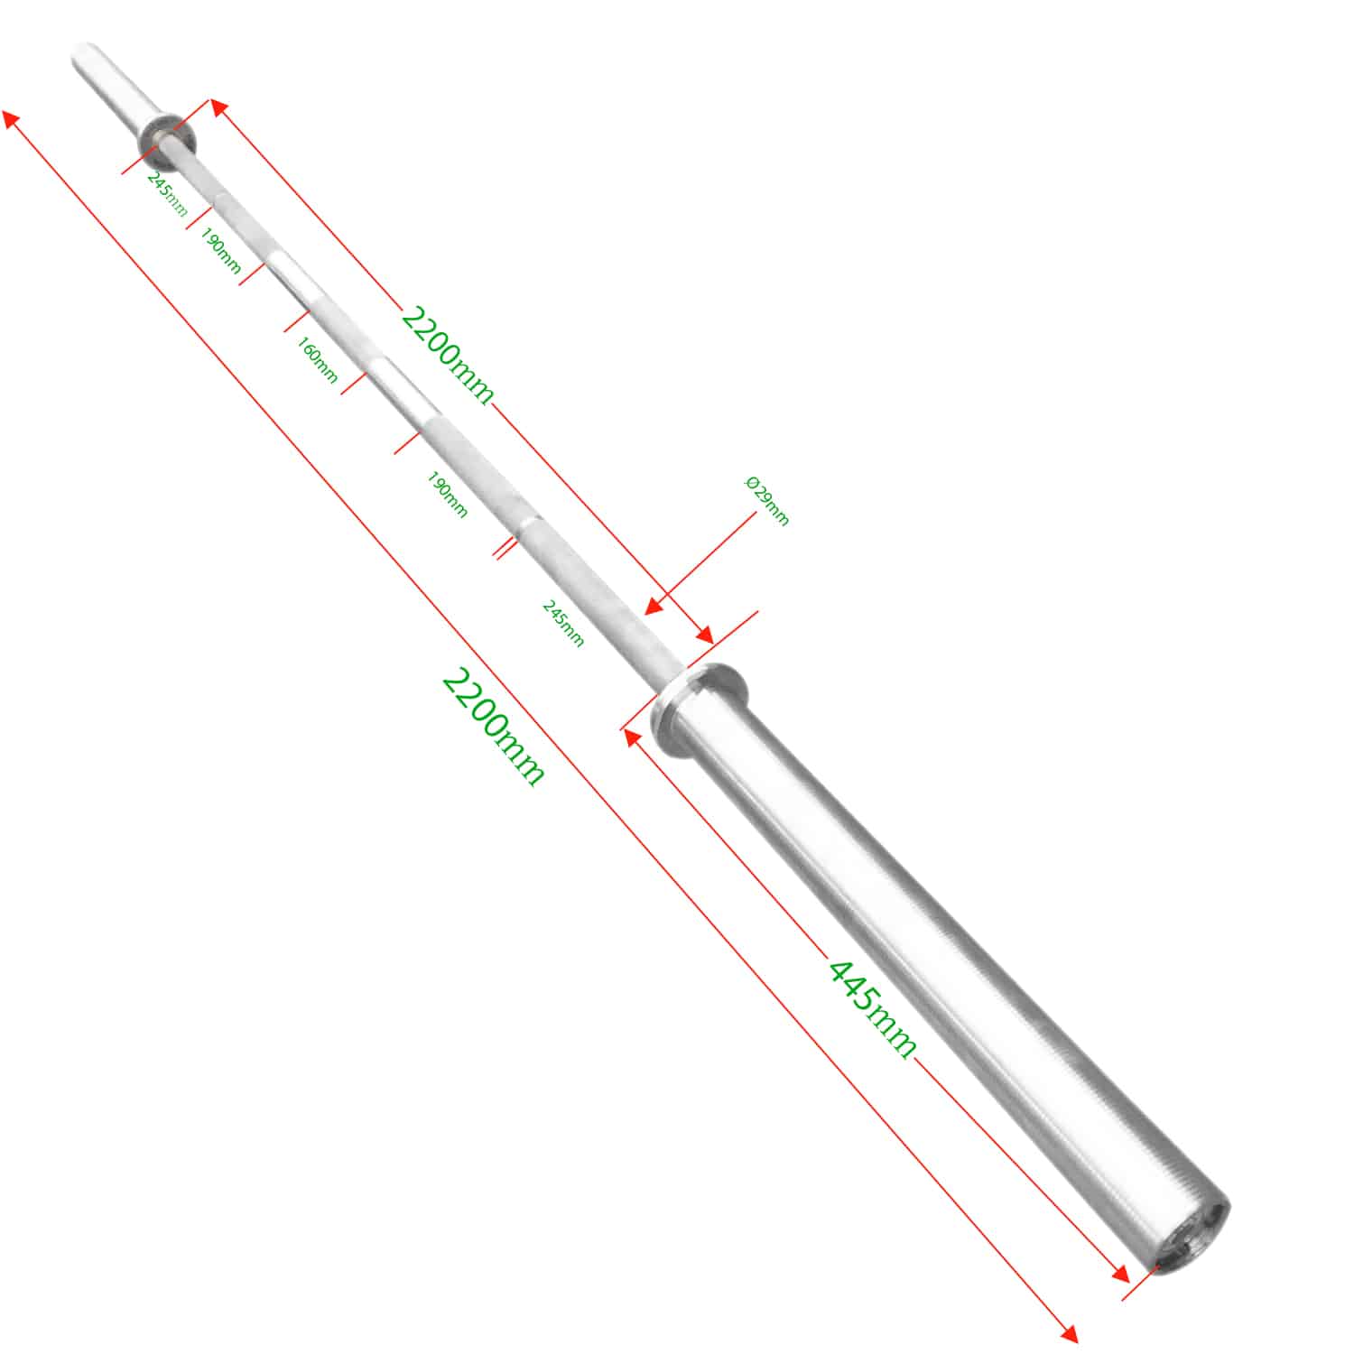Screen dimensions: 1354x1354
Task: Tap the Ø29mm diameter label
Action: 766,501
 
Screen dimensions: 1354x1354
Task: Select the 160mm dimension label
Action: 317,359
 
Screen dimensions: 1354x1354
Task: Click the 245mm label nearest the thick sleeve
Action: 562,623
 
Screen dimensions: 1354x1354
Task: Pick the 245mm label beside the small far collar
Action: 167,194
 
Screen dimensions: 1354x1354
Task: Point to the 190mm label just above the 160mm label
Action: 220,252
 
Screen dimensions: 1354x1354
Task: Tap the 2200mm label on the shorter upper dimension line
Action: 448,356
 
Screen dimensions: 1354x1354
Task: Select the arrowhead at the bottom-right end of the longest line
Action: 1069,1334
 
